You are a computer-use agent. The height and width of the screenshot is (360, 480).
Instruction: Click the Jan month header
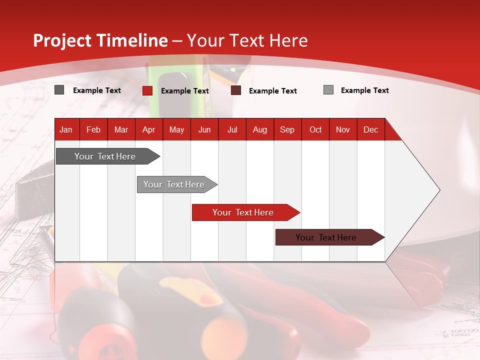[x=66, y=129]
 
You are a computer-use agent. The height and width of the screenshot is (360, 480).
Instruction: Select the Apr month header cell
[x=149, y=129]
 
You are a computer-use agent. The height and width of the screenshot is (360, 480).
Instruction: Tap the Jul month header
[x=232, y=129]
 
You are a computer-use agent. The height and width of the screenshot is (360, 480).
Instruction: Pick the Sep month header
[x=287, y=129]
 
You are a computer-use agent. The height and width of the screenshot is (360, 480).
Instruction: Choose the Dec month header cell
[x=370, y=129]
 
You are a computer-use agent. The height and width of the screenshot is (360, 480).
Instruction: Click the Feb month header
[x=93, y=129]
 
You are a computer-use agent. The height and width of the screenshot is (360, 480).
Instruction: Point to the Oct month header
[x=315, y=129]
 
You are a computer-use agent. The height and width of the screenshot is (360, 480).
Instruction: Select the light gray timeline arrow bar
[x=175, y=184]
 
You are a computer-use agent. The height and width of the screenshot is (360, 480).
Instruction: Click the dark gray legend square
[x=59, y=90]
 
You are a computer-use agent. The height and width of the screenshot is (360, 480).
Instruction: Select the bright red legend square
[x=147, y=90]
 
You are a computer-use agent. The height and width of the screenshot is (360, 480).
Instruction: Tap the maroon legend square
[x=236, y=90]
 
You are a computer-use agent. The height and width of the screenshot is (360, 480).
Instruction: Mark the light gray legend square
[x=328, y=90]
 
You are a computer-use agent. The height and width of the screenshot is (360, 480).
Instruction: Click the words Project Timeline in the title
[x=100, y=40]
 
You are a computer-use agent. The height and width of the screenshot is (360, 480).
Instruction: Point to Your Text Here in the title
[x=247, y=40]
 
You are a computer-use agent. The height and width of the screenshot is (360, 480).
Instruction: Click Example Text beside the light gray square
[x=364, y=90]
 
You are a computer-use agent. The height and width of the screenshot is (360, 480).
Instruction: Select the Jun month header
[x=204, y=129]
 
